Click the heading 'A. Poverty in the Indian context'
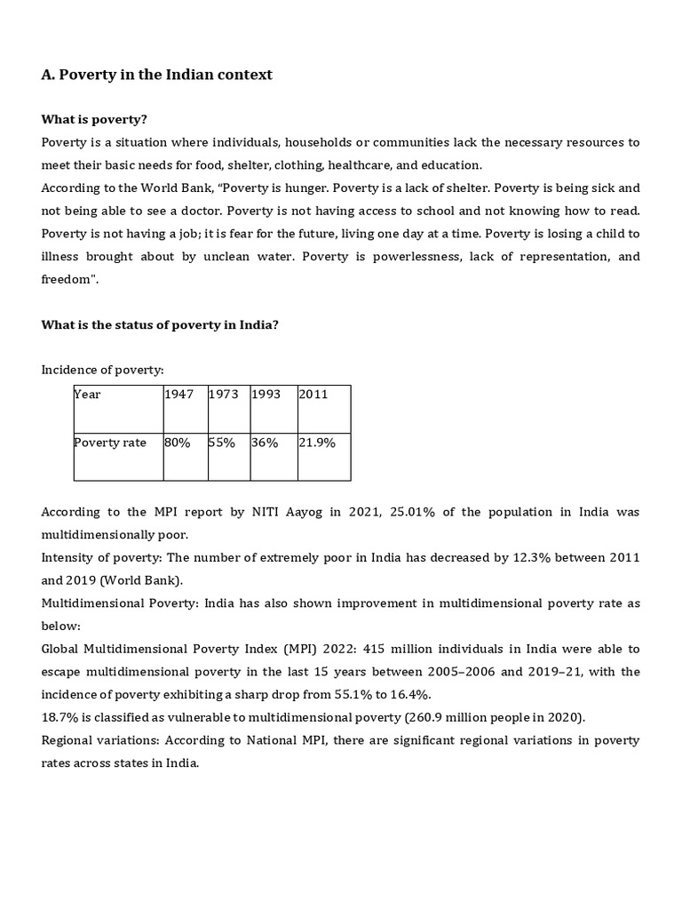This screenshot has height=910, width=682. pyautogui.click(x=157, y=75)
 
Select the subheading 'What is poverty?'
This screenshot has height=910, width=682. pyautogui.click(x=94, y=119)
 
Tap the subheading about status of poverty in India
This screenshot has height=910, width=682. pyautogui.click(x=160, y=324)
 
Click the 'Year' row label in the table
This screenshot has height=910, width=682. pyautogui.click(x=88, y=395)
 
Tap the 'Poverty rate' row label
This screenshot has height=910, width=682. pyautogui.click(x=110, y=443)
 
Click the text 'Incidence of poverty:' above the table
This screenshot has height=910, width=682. pyautogui.click(x=102, y=370)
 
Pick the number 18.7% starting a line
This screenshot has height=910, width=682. pyautogui.click(x=60, y=717)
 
